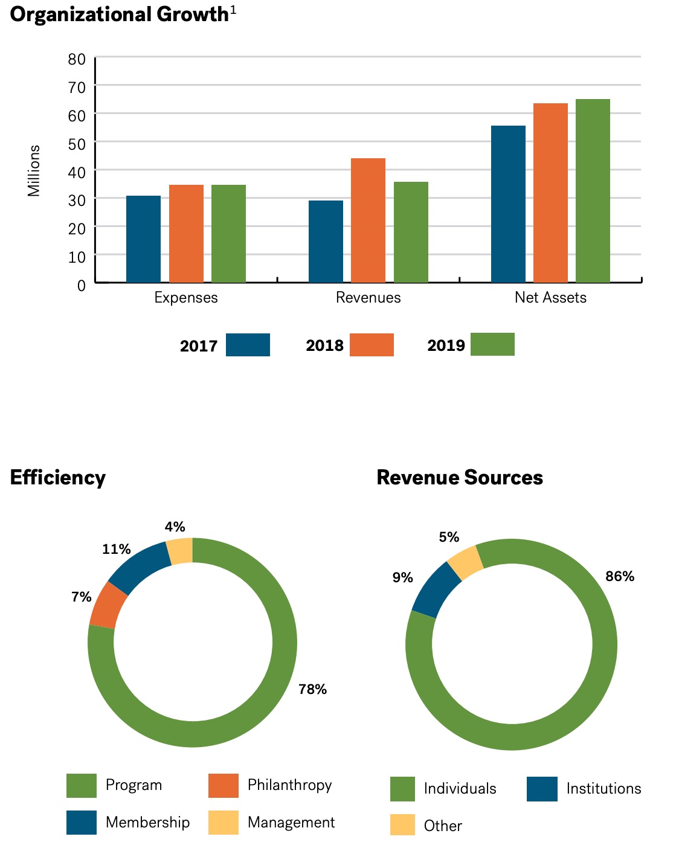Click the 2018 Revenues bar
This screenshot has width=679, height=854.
coord(368,220)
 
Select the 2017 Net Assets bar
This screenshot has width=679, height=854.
coord(508,204)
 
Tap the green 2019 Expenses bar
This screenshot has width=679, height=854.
coord(228,234)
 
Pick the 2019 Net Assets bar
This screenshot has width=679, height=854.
coord(593,191)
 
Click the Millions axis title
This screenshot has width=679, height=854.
coord(34,171)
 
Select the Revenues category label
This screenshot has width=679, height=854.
coord(368,298)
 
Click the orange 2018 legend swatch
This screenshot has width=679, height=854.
coord(372,345)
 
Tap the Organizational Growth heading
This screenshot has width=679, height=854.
coord(120,14)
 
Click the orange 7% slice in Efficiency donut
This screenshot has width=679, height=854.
coord(108,606)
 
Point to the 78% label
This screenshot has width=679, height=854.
coord(312,689)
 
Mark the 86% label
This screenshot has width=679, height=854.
coord(620,576)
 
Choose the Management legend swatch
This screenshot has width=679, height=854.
coord(224,823)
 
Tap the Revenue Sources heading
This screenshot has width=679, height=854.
coord(460,478)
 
